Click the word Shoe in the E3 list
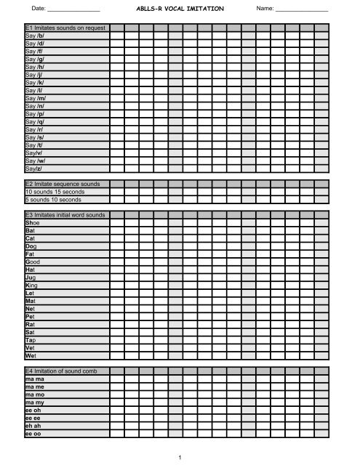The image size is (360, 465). pos(32,225)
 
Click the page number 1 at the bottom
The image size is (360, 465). pos(178,456)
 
